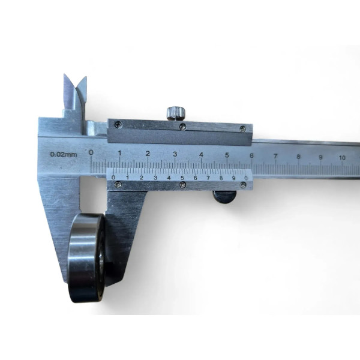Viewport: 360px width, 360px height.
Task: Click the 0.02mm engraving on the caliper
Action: [64, 154]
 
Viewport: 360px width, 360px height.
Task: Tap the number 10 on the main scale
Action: [342, 158]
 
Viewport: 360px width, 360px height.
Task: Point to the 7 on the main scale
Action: [275, 157]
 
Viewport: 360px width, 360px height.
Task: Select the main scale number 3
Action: [175, 154]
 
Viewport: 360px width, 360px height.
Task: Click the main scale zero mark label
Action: [91, 152]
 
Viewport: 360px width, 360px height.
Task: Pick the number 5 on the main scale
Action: [227, 155]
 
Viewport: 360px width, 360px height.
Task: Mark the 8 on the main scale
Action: [298, 157]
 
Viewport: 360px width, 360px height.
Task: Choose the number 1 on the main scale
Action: [120, 153]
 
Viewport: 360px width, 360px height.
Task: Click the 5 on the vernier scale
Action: [182, 178]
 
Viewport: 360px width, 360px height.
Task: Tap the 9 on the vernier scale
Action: [234, 178]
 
